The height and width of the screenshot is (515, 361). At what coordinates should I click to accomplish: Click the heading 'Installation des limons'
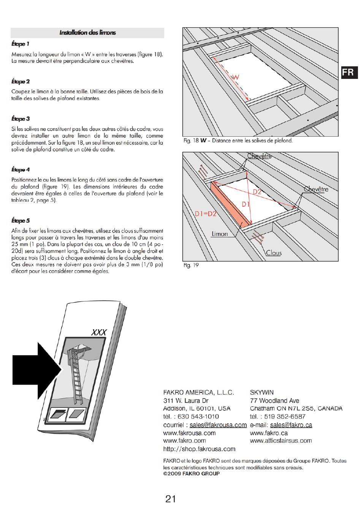tap(87, 33)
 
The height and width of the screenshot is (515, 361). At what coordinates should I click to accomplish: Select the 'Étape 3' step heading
tap(21, 119)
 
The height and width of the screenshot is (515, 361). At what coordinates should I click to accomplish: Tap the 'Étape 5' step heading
tap(21, 220)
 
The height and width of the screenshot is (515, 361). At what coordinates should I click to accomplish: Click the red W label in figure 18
tap(236, 77)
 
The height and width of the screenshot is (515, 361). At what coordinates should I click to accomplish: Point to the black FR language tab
tap(349, 72)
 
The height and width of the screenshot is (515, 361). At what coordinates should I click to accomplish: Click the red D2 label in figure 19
tap(257, 192)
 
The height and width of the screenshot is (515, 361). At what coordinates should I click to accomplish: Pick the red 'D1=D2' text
tap(206, 214)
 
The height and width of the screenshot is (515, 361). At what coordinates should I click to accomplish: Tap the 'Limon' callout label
tap(220, 234)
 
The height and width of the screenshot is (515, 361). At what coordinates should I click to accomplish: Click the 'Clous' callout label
tap(274, 253)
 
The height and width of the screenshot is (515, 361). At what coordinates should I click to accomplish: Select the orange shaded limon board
tap(230, 203)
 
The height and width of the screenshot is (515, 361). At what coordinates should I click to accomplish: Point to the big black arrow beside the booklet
tap(37, 370)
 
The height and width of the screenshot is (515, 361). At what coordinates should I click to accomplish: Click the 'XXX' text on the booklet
tap(99, 332)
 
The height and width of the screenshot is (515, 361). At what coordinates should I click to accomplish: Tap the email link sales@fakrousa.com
tap(218, 425)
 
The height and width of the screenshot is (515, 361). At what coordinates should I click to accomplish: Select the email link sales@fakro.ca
tap(291, 425)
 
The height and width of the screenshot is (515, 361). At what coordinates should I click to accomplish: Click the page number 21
tap(171, 499)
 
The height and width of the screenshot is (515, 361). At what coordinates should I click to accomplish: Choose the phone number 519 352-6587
tap(285, 416)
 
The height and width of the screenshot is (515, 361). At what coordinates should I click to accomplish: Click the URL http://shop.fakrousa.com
tap(199, 449)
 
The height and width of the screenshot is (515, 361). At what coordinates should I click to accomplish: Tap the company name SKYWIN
tap(261, 392)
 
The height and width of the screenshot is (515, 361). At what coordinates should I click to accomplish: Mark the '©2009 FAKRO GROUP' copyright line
tap(192, 474)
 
